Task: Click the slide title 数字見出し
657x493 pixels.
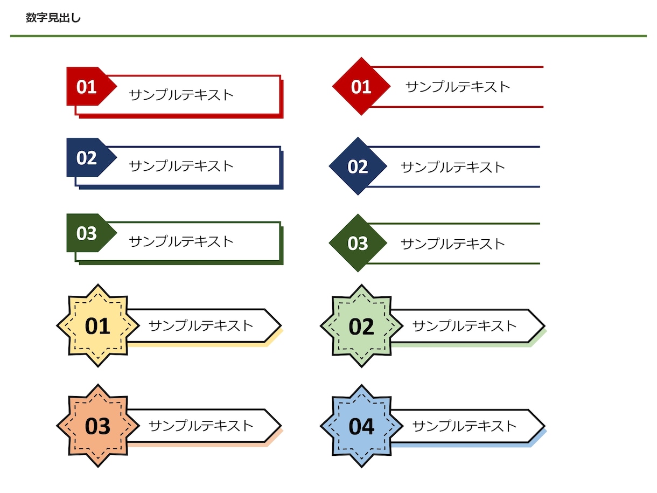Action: click(53, 18)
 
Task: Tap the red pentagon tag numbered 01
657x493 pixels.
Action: click(88, 86)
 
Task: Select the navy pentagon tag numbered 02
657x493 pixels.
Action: click(88, 158)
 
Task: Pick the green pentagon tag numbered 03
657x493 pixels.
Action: click(88, 233)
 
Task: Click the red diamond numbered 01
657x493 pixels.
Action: click(361, 87)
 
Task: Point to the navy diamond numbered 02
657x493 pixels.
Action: click(358, 166)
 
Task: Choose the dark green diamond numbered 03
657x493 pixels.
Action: click(358, 243)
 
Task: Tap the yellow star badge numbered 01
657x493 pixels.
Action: click(97, 326)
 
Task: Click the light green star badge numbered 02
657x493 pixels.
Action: click(361, 326)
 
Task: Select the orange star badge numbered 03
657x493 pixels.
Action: click(97, 426)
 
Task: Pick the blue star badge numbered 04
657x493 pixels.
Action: click(361, 426)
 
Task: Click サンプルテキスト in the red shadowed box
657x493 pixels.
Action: click(181, 95)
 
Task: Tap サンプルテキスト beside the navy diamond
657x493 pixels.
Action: click(453, 167)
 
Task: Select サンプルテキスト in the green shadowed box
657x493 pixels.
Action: click(181, 241)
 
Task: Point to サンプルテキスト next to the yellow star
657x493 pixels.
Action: click(200, 325)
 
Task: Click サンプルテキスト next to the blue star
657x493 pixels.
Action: click(464, 426)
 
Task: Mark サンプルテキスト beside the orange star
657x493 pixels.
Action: click(200, 426)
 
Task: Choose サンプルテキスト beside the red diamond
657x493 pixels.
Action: click(457, 87)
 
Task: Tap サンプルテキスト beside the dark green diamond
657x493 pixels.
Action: click(453, 244)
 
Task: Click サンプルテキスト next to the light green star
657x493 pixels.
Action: click(464, 325)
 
